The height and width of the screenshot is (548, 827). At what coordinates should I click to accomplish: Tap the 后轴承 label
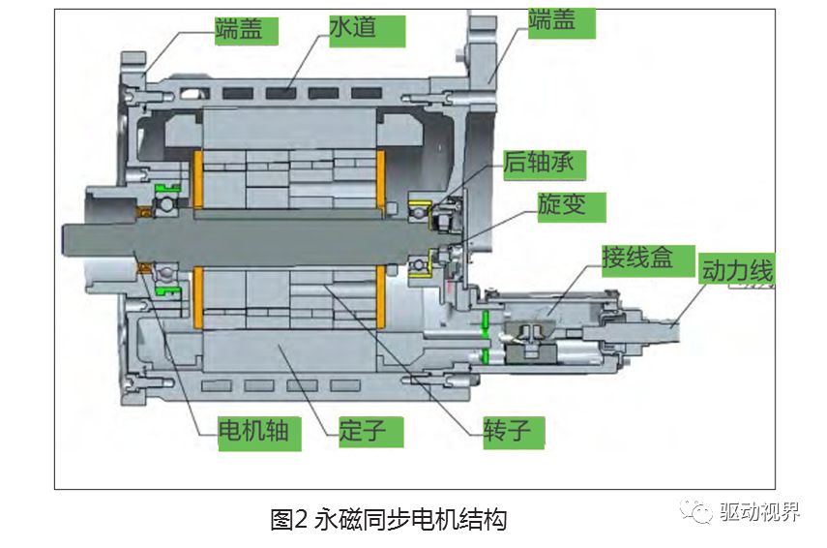tap(539, 162)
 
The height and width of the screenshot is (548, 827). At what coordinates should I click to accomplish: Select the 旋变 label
tap(571, 206)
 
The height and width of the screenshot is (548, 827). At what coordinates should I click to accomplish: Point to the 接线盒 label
tap(635, 259)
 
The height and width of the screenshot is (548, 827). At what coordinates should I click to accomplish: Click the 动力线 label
tap(737, 271)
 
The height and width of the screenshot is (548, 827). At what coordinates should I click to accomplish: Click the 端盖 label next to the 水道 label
tap(237, 29)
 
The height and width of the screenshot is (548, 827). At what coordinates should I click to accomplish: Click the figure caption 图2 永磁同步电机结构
tap(388, 519)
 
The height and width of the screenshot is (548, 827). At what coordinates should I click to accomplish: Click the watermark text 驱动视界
tap(761, 512)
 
